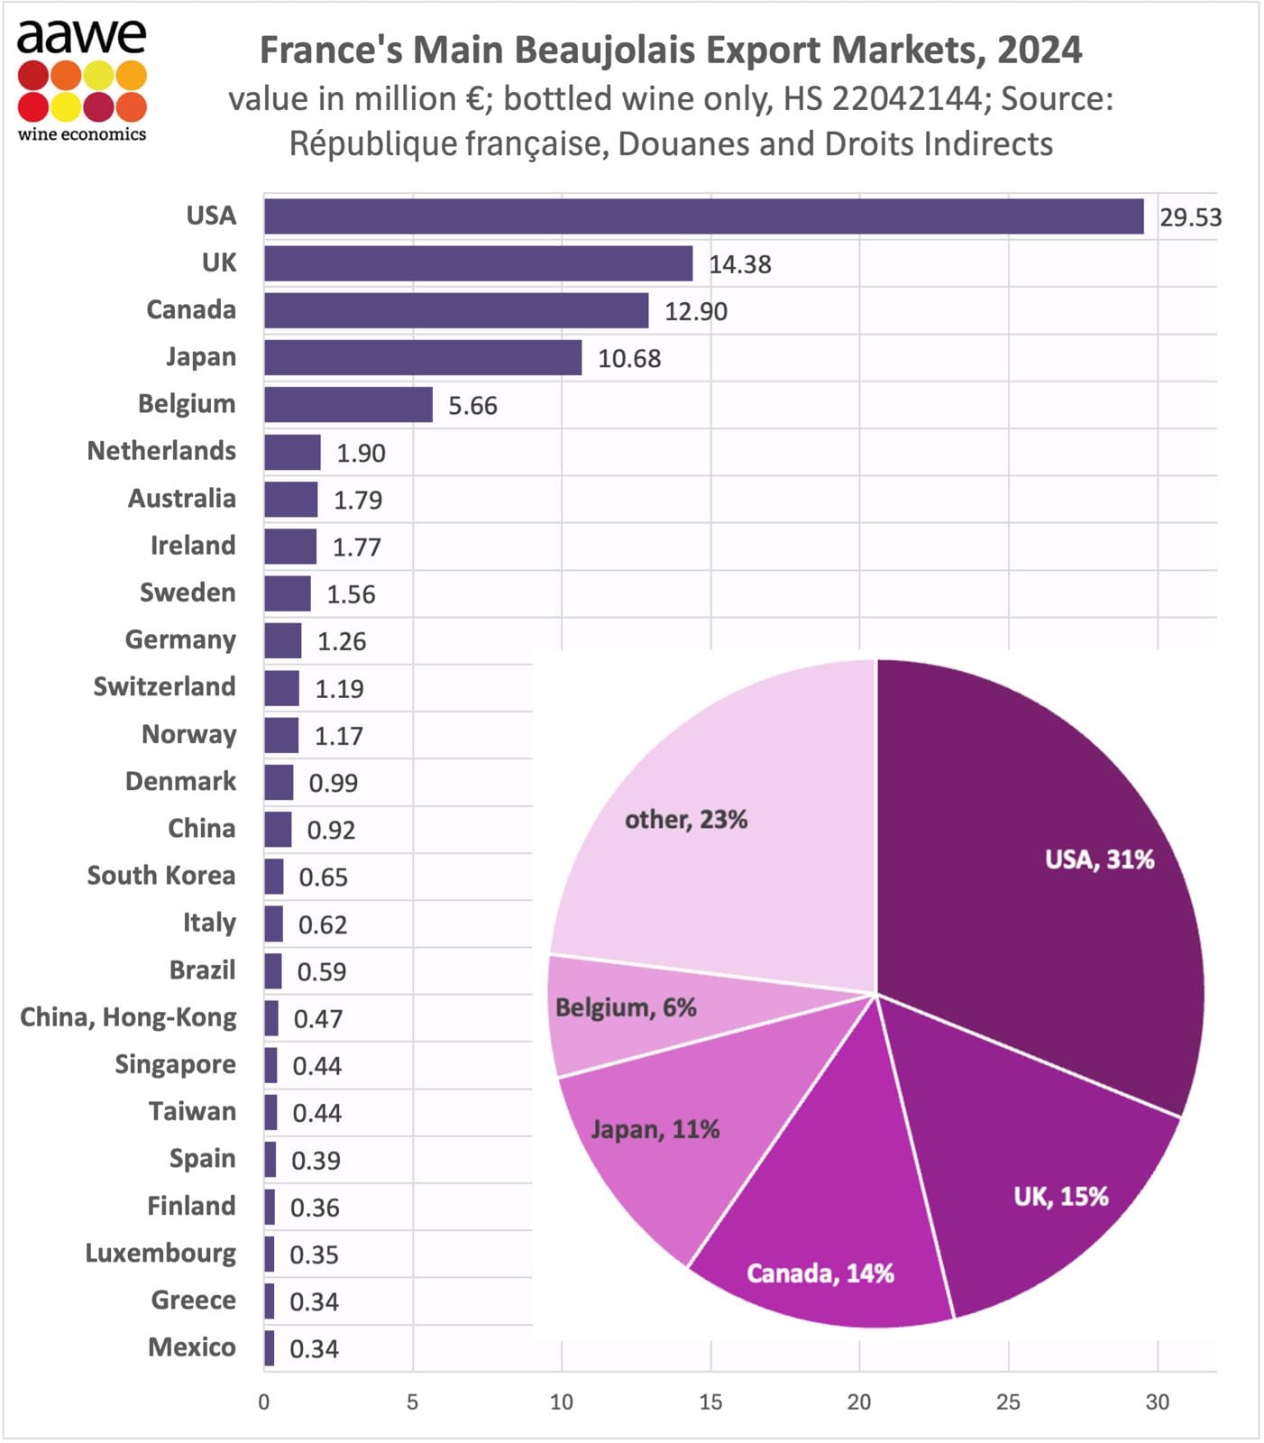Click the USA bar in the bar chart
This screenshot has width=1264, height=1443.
coord(703,216)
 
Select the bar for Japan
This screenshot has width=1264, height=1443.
coord(423,357)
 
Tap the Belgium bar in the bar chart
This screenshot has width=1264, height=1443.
coord(348,405)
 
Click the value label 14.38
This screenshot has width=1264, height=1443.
coord(739,264)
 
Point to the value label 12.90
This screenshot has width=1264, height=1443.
coord(695,311)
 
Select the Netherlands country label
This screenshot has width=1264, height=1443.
coord(161,451)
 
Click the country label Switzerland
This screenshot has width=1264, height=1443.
coord(164,686)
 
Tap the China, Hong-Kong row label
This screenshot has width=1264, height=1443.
coord(128,1017)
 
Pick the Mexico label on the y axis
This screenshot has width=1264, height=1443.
coord(191,1347)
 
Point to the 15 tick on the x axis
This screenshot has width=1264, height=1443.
coord(710,1402)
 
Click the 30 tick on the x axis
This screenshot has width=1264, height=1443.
coord(1157,1402)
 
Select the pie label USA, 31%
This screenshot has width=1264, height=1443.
coord(1099,859)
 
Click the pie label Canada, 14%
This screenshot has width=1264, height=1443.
coord(820,1273)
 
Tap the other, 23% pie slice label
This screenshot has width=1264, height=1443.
coord(686,820)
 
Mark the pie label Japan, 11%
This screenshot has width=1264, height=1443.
coord(655,1130)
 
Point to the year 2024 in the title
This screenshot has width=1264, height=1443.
coord(1039,51)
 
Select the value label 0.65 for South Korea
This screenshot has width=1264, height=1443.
coord(323,878)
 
